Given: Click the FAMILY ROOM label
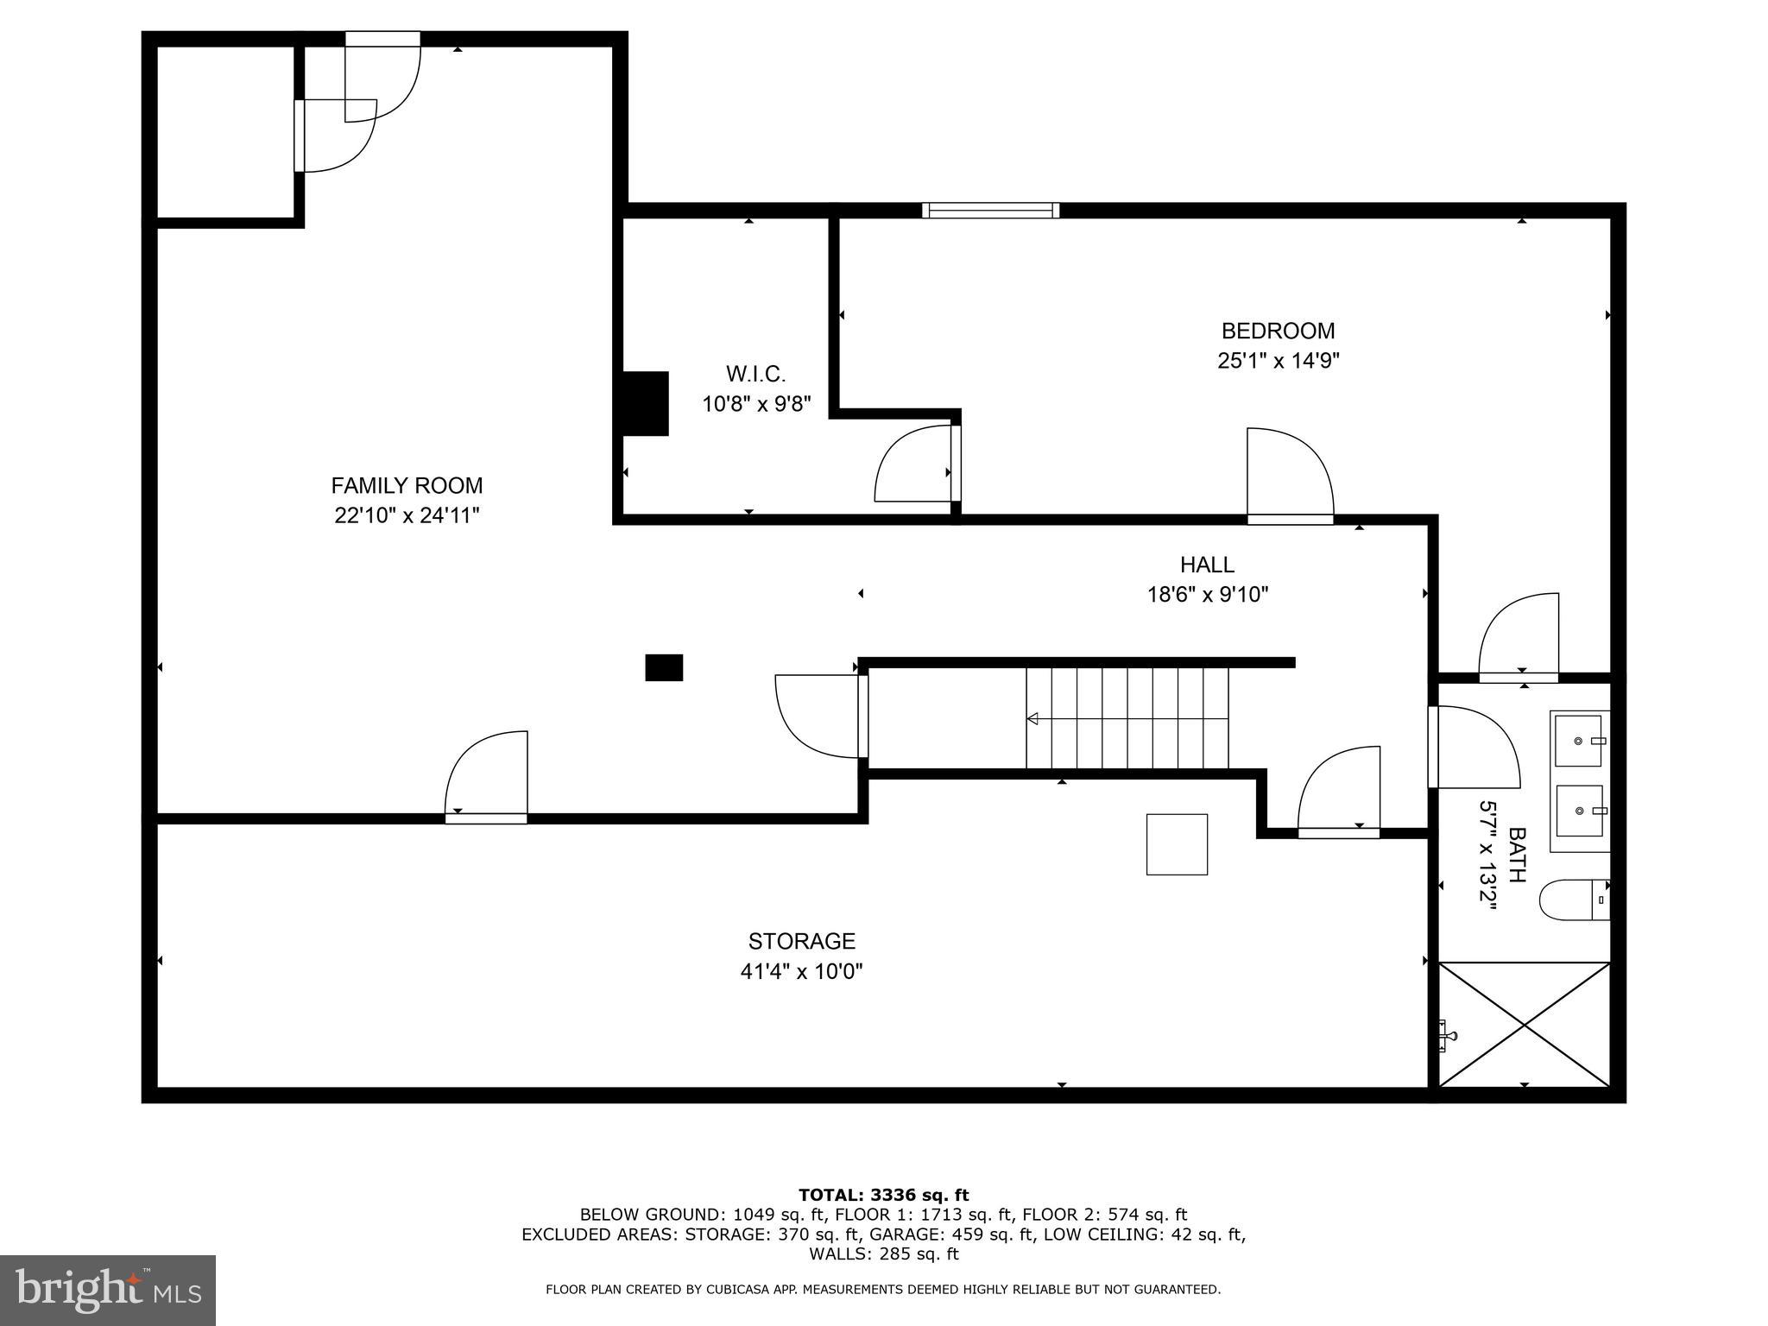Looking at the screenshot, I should tap(407, 485).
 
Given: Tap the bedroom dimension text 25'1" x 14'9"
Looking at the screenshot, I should tap(1278, 361).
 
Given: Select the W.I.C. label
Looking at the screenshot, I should tap(755, 374).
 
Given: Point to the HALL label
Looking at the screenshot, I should tap(1207, 565).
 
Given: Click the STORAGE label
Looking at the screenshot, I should tap(801, 941).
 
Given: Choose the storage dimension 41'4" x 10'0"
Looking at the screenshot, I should tap(801, 971).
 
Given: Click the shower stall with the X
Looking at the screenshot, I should tap(1524, 1024).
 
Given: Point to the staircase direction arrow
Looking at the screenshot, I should tap(1032, 718).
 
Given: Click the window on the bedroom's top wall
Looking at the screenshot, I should tap(989, 210).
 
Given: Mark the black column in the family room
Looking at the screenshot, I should tap(664, 667).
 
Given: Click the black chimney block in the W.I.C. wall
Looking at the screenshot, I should tap(645, 403).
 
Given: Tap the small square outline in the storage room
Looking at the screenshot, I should tap(1176, 844).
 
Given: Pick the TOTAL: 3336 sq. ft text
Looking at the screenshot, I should tap(883, 1196).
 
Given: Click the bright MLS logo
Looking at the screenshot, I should tap(108, 1290).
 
